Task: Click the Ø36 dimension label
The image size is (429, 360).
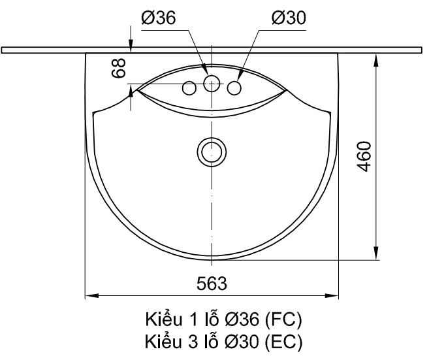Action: (x=158, y=19)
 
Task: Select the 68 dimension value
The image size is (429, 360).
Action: (x=119, y=67)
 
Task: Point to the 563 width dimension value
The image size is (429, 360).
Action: (x=212, y=283)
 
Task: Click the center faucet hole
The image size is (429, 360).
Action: (x=212, y=83)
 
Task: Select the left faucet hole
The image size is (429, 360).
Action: (x=189, y=88)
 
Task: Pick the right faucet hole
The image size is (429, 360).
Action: (x=235, y=88)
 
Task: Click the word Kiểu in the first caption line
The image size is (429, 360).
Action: (x=163, y=320)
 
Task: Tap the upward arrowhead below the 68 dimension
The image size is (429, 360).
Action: (x=132, y=92)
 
